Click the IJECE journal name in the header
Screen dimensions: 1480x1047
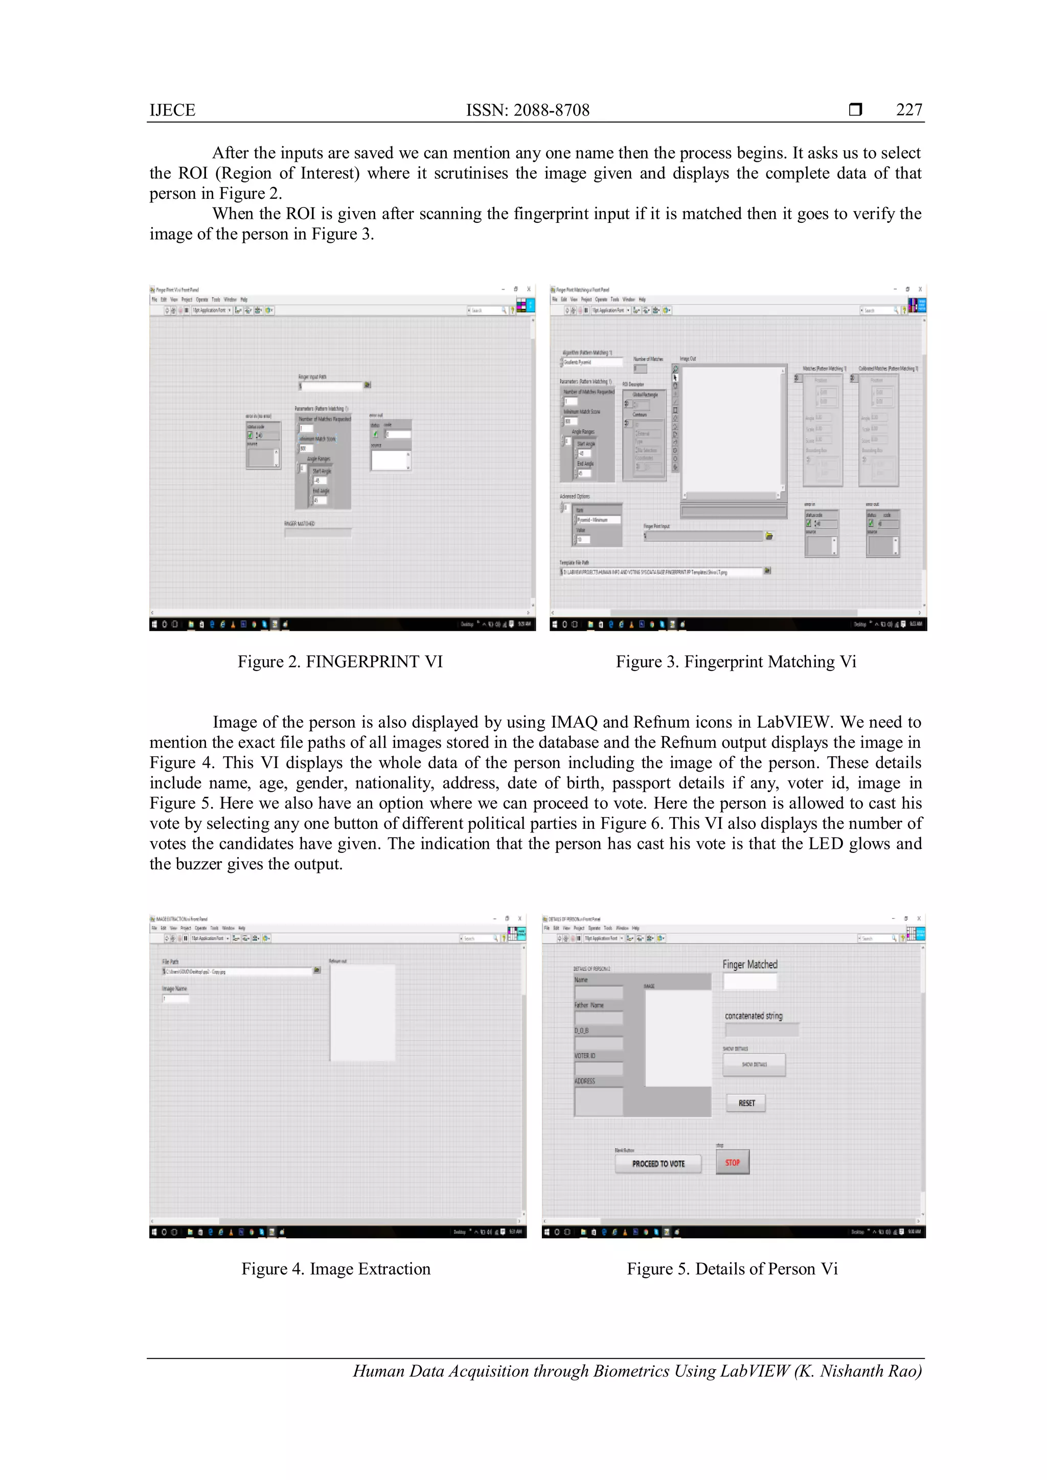[x=172, y=110]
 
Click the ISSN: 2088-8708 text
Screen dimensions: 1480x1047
[x=528, y=110]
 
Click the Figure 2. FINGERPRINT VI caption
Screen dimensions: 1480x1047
[x=340, y=661]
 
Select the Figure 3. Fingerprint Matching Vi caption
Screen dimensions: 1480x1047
[x=736, y=661]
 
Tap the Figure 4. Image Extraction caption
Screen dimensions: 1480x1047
[x=335, y=1268]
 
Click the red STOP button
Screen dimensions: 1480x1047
[x=733, y=1162]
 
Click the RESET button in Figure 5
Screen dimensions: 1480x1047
[x=746, y=1103]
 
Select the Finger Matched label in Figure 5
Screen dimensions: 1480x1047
[x=750, y=964]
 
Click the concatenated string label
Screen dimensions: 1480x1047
[x=753, y=1016]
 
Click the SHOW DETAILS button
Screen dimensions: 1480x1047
[x=754, y=1065]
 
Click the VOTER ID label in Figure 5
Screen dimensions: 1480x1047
[x=585, y=1056]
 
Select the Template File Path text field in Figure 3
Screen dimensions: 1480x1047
[x=661, y=572]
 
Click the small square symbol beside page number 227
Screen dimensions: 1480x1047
[x=855, y=109]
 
